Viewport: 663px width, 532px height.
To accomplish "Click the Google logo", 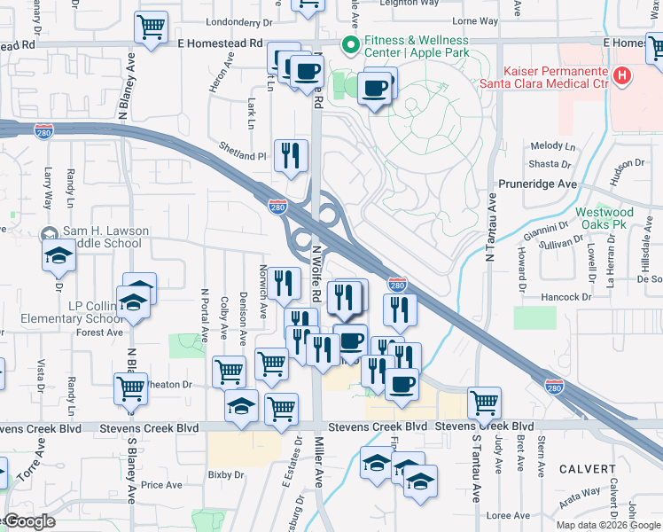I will tap(28, 522).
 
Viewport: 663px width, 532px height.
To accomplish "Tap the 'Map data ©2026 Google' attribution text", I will tap(607, 525).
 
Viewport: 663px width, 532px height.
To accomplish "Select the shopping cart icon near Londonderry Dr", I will tap(152, 27).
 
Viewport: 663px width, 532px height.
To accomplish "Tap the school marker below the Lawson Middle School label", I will tap(59, 256).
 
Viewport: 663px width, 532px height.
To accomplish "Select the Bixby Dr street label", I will tap(226, 475).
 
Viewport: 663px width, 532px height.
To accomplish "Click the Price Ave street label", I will tap(161, 485).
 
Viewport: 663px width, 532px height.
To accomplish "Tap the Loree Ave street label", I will tap(508, 515).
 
